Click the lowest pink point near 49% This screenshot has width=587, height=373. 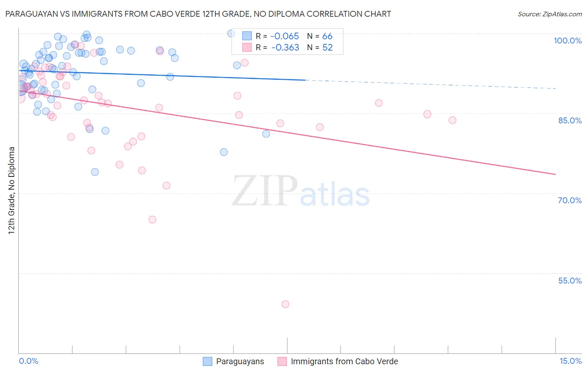click(286, 304)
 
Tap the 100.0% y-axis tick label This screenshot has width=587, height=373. click(567, 41)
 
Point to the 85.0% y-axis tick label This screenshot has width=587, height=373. click(569, 120)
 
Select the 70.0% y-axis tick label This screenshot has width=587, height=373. click(569, 200)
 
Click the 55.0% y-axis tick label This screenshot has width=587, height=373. click(569, 281)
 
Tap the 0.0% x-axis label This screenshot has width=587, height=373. click(28, 361)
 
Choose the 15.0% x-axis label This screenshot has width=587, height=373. click(570, 361)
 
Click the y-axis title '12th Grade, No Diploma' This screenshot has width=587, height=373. click(12, 190)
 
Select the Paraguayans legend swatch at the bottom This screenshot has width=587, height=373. click(207, 361)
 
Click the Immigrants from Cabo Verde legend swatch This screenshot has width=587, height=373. click(282, 361)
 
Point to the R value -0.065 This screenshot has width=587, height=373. click(285, 36)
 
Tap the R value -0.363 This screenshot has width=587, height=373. click(285, 48)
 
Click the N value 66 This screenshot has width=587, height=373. click(327, 36)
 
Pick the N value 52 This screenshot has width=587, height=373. click(327, 48)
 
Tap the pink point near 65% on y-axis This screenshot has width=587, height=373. click(152, 220)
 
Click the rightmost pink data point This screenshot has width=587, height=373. click(453, 120)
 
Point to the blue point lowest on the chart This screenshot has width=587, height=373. click(95, 172)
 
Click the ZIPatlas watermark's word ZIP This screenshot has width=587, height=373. click(265, 192)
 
